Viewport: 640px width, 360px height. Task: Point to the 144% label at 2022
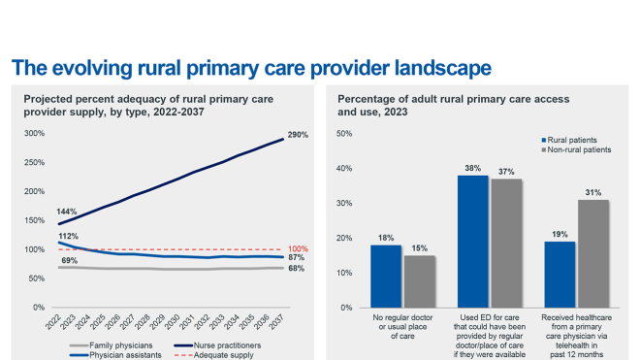pyautogui.click(x=67, y=211)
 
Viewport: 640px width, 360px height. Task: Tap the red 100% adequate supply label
pyautogui.click(x=299, y=249)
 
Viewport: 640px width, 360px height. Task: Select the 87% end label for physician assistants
pyautogui.click(x=297, y=258)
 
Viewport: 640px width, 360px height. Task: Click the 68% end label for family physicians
pyautogui.click(x=297, y=269)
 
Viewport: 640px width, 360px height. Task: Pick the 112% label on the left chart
pyautogui.click(x=67, y=236)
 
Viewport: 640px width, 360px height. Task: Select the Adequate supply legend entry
pyautogui.click(x=218, y=354)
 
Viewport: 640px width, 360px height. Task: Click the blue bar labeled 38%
pyautogui.click(x=472, y=241)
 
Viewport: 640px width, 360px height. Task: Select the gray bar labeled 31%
pyautogui.click(x=593, y=253)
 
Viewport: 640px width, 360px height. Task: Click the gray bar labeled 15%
pyautogui.click(x=419, y=280)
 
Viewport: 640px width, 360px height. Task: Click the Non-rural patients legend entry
pyautogui.click(x=578, y=150)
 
